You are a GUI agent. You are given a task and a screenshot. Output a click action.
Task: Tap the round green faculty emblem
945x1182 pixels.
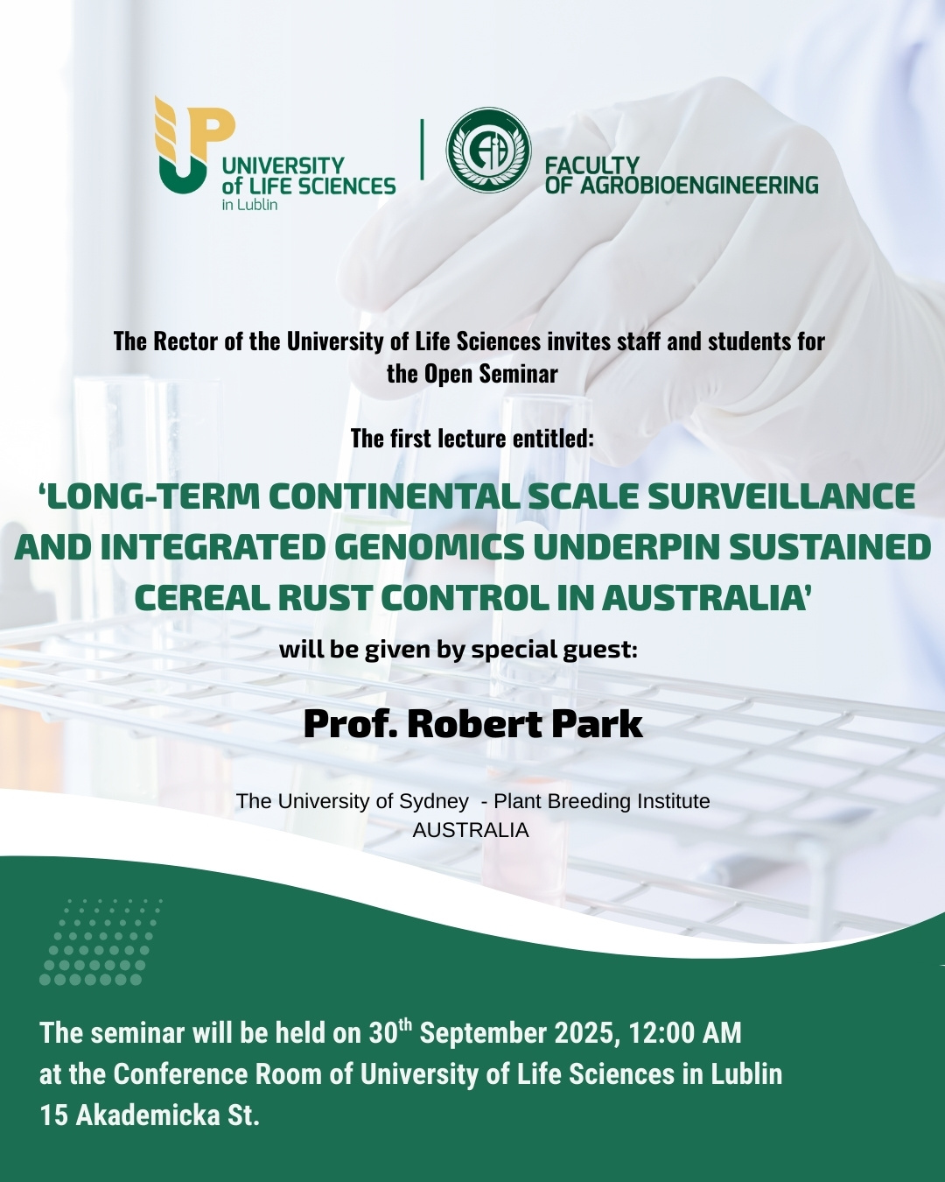point(489,150)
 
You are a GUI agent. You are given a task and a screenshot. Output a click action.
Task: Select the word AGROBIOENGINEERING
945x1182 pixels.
point(699,186)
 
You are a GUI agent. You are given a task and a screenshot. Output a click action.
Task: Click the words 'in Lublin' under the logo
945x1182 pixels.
point(249,206)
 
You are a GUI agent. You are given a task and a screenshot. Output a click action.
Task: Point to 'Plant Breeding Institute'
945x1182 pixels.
point(602,801)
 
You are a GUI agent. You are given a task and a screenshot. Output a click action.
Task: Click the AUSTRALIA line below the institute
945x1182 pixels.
point(471,830)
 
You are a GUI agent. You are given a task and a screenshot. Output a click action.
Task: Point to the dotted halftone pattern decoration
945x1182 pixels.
point(101,942)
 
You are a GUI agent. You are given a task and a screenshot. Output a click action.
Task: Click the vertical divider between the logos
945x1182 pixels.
point(422,149)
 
